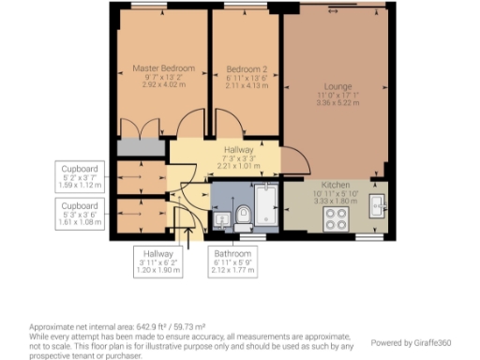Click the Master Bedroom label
tap(163, 68)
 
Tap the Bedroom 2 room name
tap(246, 68)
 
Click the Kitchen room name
tap(335, 185)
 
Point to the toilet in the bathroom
tap(243, 217)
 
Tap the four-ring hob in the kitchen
tap(336, 220)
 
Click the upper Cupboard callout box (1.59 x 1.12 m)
tap(79, 174)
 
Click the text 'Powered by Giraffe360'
tap(416, 342)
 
